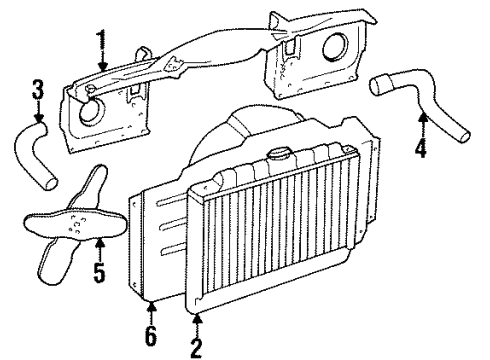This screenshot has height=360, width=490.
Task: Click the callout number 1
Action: (99, 41)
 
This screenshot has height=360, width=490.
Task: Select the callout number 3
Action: (38, 95)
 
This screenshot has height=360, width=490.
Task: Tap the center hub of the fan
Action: (74, 232)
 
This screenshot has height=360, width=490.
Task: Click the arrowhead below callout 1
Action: (101, 68)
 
